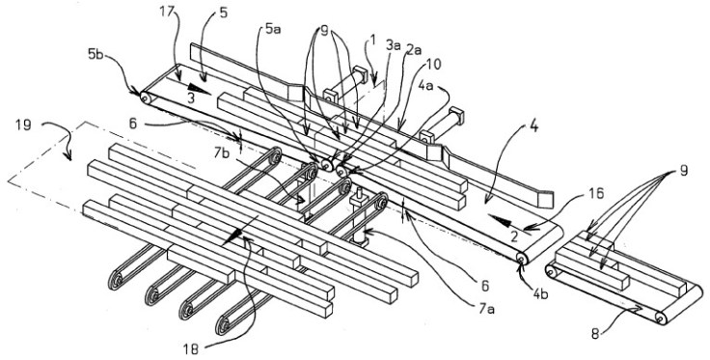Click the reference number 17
168,12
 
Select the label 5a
273,31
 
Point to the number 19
23,125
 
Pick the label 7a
488,310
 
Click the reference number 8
595,335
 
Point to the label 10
432,65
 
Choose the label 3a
394,46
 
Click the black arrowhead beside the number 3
200,90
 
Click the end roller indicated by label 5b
145,97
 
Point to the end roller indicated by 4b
522,259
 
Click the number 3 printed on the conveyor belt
192,98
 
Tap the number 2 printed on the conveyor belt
513,235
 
